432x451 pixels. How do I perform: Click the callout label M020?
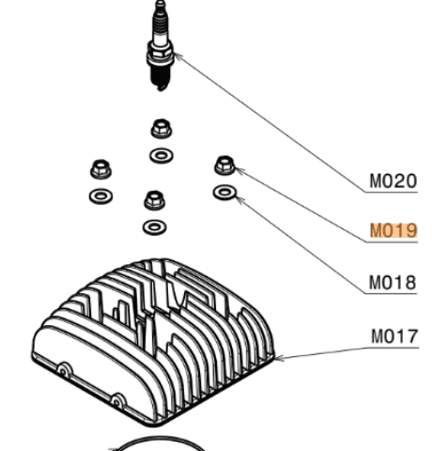pos(393,181)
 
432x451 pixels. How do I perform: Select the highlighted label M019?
pos(393,231)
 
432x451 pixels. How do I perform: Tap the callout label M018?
pos(393,283)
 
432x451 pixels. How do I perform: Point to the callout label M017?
pos(394,336)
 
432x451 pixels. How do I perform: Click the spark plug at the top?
pos(161,46)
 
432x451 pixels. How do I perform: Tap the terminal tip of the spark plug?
pos(161,5)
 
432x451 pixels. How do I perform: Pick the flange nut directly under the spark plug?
pos(162,129)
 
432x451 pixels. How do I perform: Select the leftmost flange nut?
pos(100,169)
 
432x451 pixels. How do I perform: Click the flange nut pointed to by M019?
pos(225,165)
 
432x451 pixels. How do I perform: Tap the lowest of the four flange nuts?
pos(155,200)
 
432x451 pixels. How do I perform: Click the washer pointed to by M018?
pos(224,192)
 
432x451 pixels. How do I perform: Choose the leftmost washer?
pos(100,196)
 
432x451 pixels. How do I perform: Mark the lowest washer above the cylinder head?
pos(154,227)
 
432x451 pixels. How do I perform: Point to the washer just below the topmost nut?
pos(162,156)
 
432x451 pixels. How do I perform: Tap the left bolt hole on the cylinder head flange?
pos(63,371)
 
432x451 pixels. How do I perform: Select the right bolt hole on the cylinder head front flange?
pos(116,402)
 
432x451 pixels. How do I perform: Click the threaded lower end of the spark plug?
pos(161,78)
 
